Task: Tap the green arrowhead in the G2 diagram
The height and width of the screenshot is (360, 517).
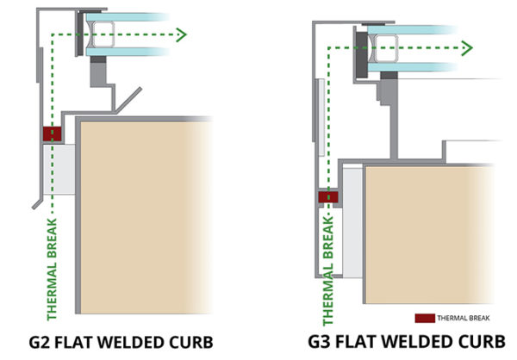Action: pyautogui.click(x=181, y=34)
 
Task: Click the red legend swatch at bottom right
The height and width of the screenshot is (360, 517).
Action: pyautogui.click(x=424, y=316)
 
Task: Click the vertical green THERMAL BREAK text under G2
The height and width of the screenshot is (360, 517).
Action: pyautogui.click(x=52, y=268)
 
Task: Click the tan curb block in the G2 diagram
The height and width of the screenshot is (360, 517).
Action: pyautogui.click(x=146, y=215)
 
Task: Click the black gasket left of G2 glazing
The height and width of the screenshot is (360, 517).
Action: pyautogui.click(x=80, y=34)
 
